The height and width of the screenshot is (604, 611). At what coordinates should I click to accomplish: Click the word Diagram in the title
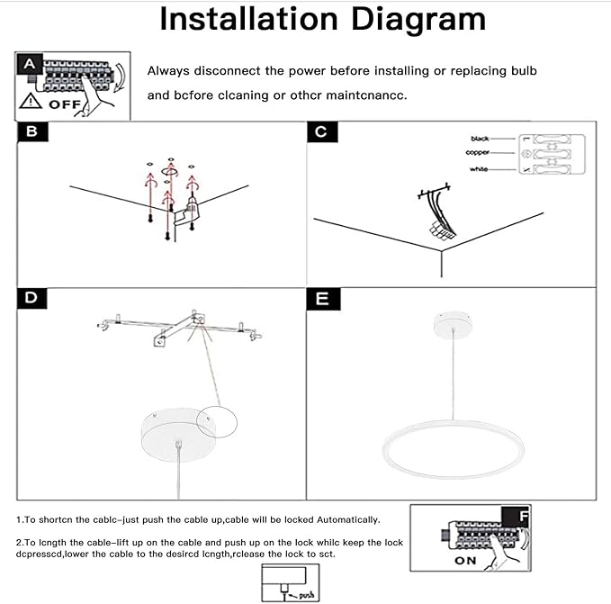[x=412, y=19]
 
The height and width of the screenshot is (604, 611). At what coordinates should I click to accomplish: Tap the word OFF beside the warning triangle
[x=65, y=104]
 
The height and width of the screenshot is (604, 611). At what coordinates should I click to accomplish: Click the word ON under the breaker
[x=465, y=560]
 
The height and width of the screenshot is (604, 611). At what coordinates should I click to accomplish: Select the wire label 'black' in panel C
[x=480, y=140]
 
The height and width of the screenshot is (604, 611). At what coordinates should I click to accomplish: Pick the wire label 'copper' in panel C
[x=478, y=153]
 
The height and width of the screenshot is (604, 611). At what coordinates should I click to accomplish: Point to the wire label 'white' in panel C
[x=479, y=169]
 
